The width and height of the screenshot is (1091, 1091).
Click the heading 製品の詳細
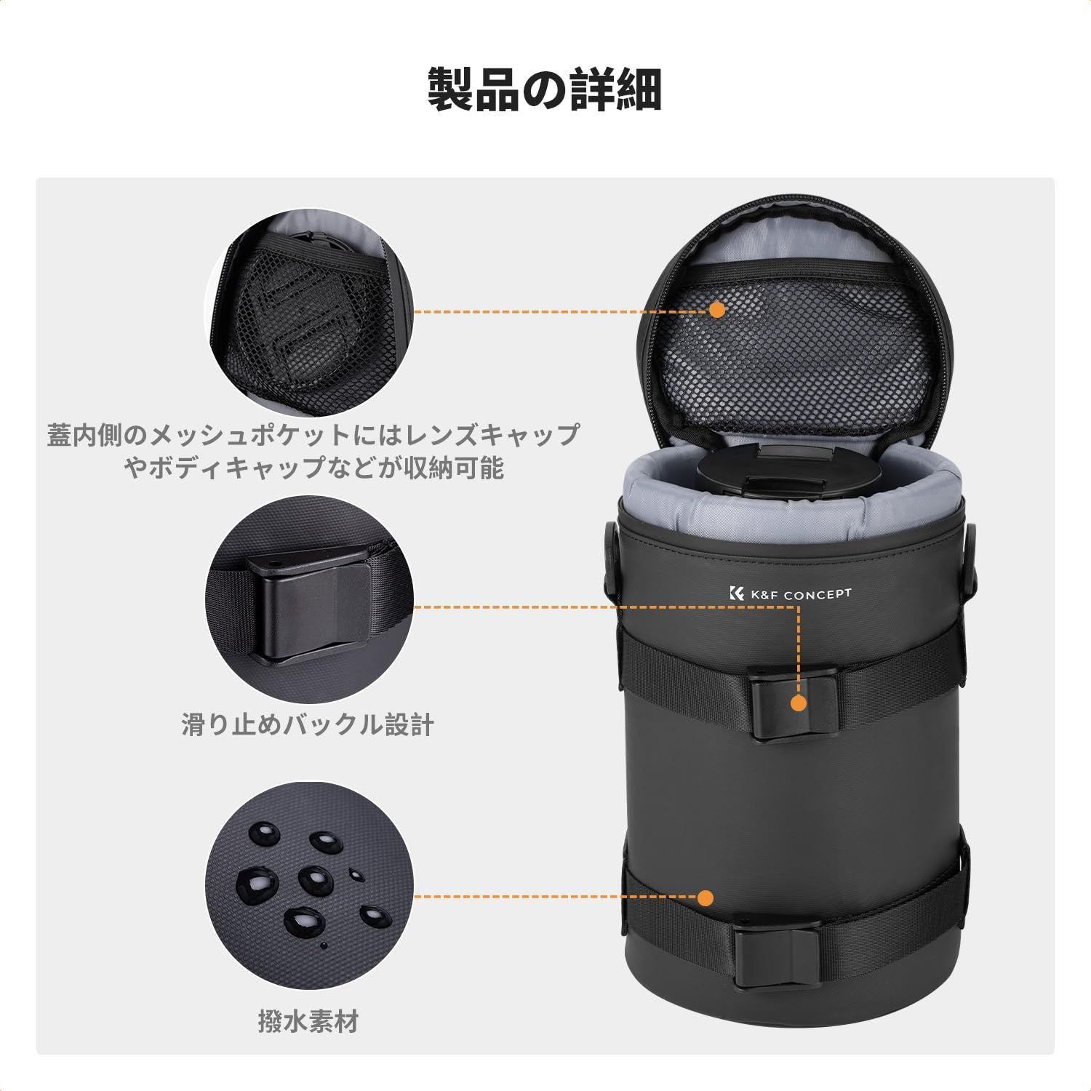pos(545,89)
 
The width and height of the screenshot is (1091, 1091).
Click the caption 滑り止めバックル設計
pos(308,724)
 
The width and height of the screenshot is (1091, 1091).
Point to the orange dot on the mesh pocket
pos(716,310)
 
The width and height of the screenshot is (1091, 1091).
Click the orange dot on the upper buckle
pos(799,703)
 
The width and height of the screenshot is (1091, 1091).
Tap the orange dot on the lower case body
pos(705,897)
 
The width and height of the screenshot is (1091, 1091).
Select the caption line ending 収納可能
pos(314,468)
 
